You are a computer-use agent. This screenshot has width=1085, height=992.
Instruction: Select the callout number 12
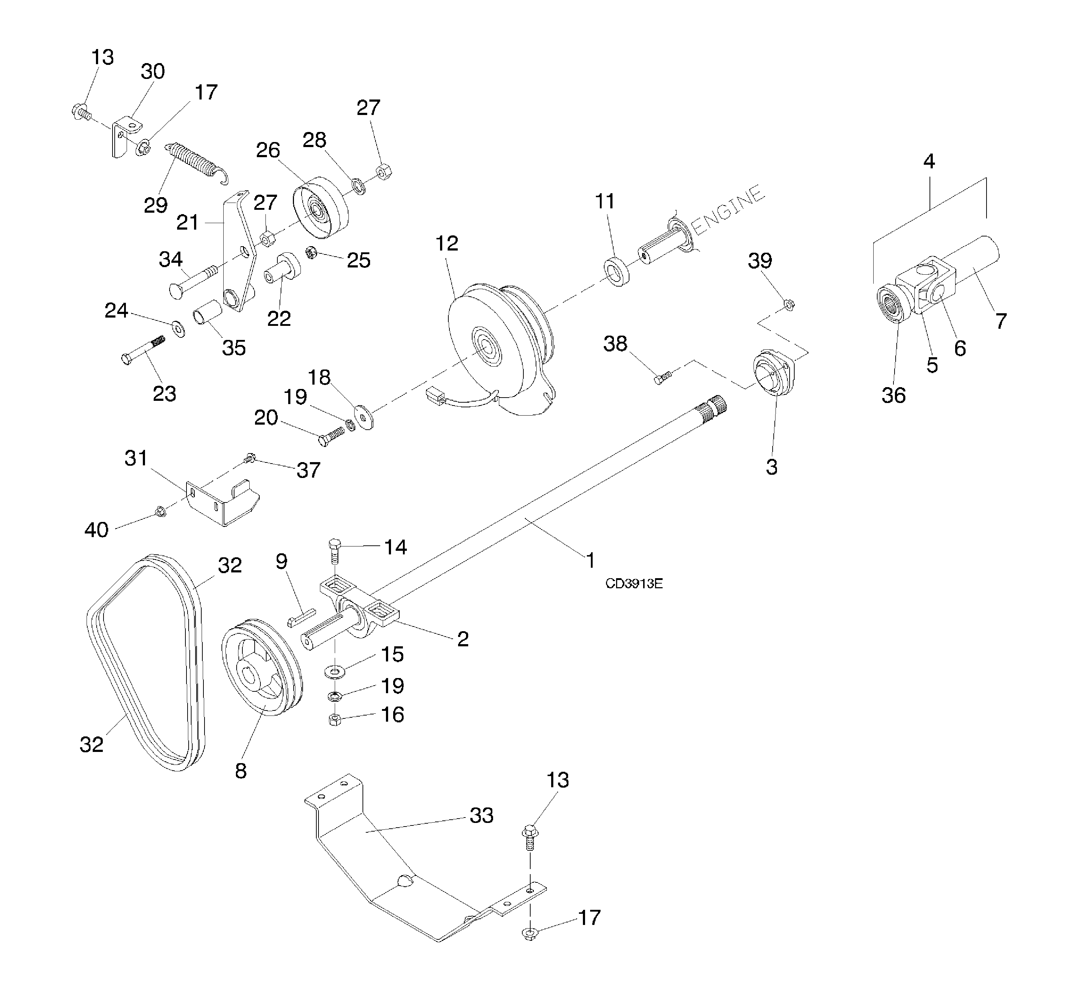447,244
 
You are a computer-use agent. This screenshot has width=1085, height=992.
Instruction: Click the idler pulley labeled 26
320,208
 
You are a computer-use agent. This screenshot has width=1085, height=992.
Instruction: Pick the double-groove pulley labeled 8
262,667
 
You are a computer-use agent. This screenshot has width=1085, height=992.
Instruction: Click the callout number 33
481,815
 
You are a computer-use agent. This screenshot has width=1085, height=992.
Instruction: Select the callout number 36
893,395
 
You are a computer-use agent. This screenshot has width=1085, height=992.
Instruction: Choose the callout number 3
771,467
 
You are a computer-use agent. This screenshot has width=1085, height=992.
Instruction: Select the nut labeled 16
334,720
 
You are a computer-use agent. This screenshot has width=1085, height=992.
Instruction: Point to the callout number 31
136,459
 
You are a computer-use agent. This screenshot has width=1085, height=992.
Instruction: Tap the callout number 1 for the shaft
590,561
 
